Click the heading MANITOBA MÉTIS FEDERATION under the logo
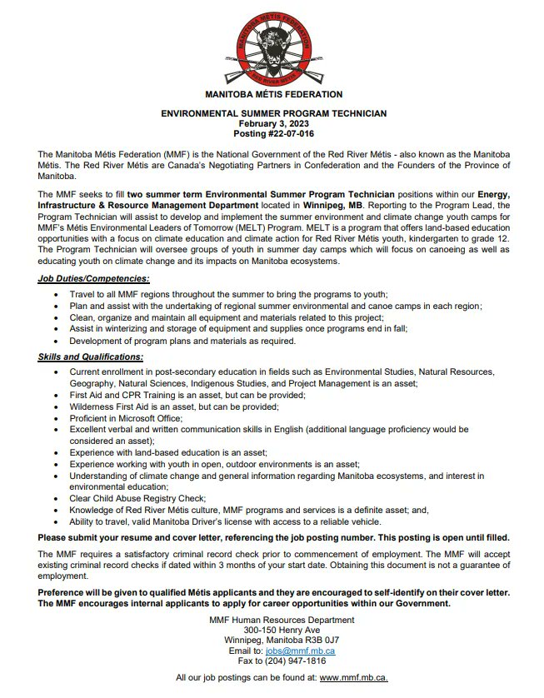[273, 95]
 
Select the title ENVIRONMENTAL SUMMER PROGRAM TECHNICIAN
[273, 113]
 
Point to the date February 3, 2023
[273, 123]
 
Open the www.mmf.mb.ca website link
[353, 679]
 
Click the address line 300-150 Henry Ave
[273, 630]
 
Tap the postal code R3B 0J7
[321, 640]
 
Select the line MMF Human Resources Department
[273, 620]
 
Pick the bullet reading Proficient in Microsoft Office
[120, 417]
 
